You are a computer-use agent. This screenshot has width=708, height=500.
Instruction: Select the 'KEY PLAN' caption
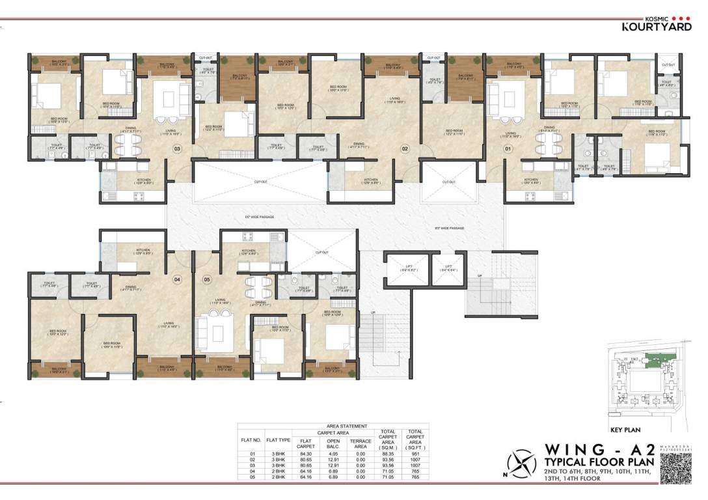(x=625, y=430)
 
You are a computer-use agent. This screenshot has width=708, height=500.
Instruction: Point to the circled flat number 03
(x=176, y=148)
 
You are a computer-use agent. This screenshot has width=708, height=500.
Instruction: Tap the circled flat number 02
(x=404, y=148)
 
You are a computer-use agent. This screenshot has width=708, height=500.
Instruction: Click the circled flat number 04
(x=176, y=280)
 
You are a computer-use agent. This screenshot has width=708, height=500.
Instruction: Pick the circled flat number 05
(x=207, y=280)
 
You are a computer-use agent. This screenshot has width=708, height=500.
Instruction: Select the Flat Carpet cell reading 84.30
(x=305, y=454)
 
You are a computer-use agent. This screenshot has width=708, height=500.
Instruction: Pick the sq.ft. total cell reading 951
(x=414, y=454)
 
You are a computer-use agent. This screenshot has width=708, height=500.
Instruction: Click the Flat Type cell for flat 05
(x=277, y=477)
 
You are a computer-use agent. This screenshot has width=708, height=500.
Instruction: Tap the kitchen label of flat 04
(x=143, y=249)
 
